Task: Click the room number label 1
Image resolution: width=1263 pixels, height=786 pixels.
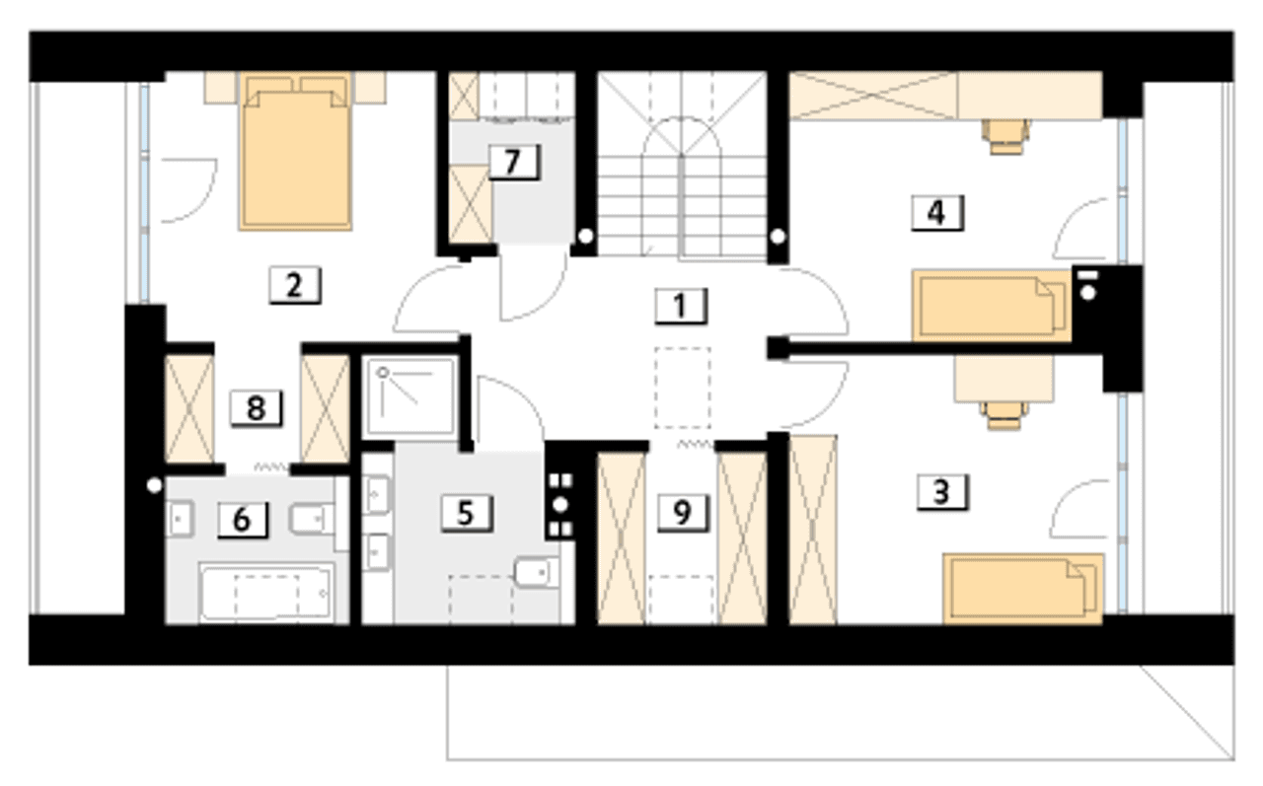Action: [x=681, y=307]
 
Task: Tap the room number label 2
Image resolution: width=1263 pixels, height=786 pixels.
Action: [x=295, y=286]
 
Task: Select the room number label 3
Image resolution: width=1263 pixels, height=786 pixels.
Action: [x=942, y=492]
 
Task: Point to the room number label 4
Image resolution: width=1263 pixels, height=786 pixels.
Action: [x=937, y=213]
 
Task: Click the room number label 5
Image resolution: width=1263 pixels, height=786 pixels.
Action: [x=467, y=513]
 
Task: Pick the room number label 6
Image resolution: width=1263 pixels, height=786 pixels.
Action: [x=243, y=520]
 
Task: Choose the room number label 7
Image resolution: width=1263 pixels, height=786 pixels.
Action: [x=514, y=163]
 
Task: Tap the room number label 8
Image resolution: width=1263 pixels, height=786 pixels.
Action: [x=257, y=408]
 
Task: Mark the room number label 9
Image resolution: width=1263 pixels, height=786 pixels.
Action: [x=683, y=513]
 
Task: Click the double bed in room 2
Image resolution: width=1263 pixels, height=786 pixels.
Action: [x=295, y=151]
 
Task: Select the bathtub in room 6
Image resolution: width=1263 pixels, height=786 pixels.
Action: [x=266, y=593]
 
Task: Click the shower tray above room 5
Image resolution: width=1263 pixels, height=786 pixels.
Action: [x=409, y=397]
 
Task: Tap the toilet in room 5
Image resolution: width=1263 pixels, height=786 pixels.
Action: [x=537, y=572]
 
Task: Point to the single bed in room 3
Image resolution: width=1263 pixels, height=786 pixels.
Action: [x=1023, y=590]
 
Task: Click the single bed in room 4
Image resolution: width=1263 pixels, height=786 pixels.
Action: [x=992, y=306]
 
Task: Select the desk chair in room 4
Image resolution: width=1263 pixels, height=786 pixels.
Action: [x=1005, y=136]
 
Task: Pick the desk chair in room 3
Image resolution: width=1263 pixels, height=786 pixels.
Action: [x=1003, y=415]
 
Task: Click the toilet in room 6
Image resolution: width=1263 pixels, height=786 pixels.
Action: [x=312, y=519]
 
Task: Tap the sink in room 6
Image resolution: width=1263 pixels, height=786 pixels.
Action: [x=181, y=519]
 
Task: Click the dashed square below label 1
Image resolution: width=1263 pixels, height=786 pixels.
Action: [x=682, y=389]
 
